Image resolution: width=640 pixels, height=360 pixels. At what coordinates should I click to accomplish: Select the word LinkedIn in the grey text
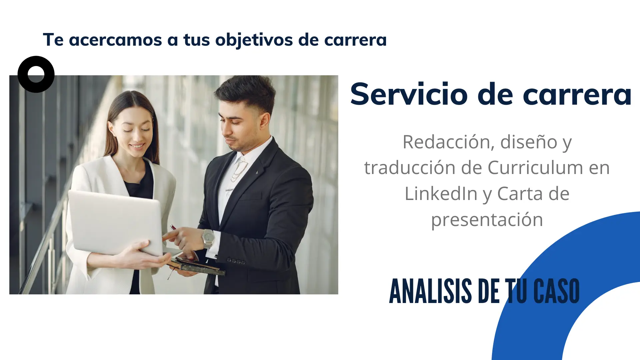point(441,194)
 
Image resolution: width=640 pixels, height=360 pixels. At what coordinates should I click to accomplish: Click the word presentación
point(487,220)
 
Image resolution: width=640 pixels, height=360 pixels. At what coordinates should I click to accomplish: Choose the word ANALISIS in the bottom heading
point(430,291)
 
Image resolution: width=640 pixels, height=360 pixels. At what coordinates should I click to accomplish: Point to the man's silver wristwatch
point(209,237)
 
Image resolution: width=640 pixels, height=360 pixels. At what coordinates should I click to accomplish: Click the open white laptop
point(115,222)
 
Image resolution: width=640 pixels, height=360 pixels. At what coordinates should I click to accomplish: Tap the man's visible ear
point(265,120)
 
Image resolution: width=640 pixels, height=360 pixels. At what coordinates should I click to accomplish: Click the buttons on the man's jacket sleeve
point(236,261)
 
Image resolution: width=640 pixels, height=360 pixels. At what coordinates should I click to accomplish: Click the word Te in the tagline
point(53,40)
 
